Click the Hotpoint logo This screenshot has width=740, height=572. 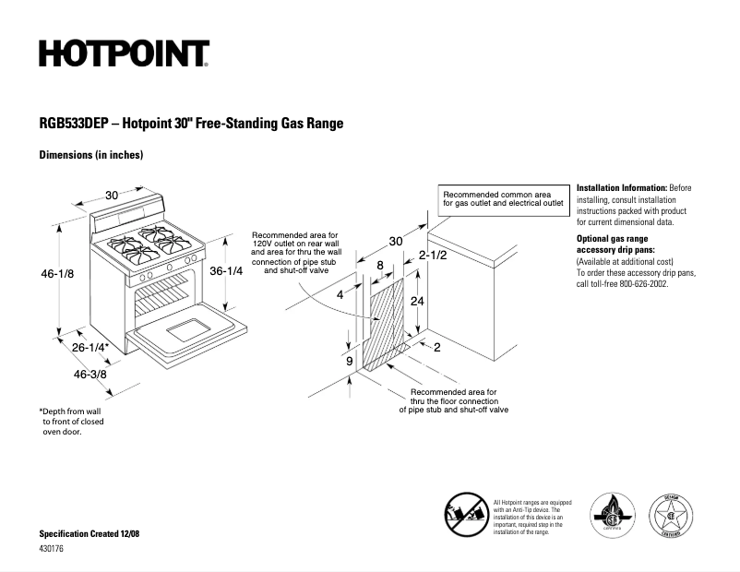pos(124,54)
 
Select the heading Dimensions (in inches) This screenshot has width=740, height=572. pos(90,155)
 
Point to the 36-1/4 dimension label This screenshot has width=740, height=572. pos(226,271)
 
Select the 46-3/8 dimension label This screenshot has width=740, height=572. pos(90,375)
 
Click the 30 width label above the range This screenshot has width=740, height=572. pos(112,195)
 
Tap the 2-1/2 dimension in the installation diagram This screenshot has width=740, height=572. pos(433,255)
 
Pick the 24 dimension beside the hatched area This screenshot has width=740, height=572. pos(417,302)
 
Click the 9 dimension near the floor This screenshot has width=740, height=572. pos(350,362)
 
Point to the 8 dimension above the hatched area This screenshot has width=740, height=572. pos(380,266)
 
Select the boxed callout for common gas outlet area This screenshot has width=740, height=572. pos(503,199)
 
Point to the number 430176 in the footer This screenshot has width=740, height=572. pos(52,550)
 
